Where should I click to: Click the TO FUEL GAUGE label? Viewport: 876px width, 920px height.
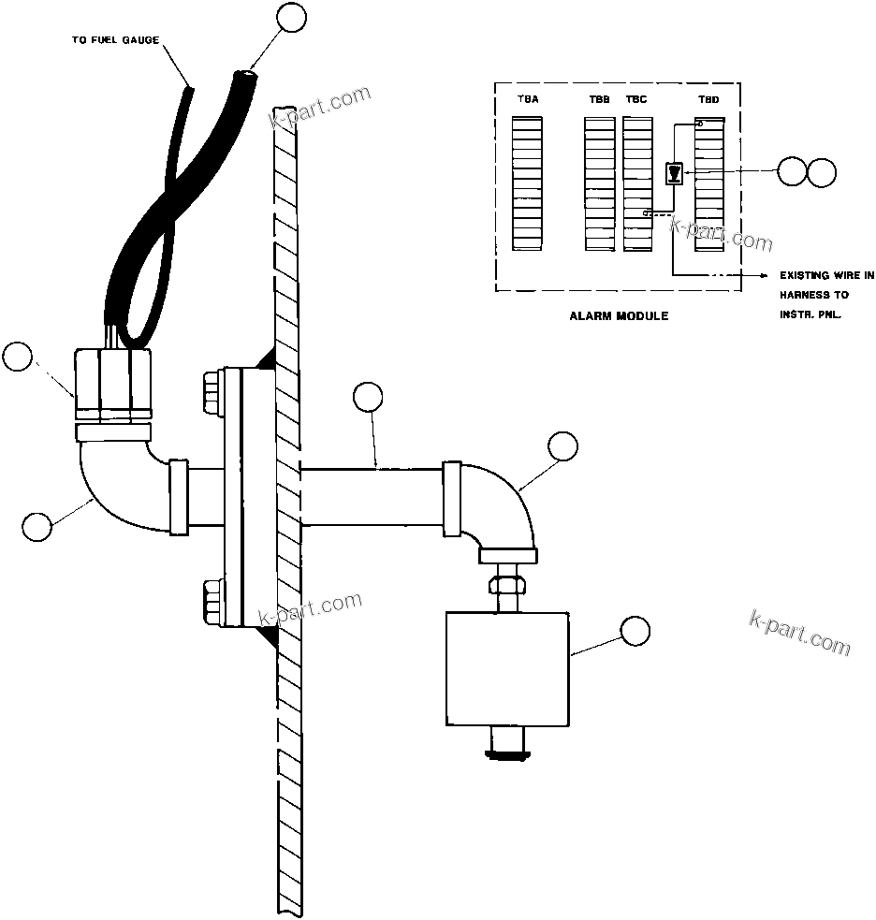coord(115,40)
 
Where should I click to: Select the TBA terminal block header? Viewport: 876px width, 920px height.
coord(528,98)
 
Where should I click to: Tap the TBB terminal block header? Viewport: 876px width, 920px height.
coord(599,98)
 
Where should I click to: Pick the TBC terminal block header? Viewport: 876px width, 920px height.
coord(635,98)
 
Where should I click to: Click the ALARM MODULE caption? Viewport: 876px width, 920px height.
coord(619,316)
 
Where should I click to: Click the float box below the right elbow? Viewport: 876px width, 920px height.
coord(507,668)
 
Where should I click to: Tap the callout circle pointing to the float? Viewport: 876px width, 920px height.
coord(635,631)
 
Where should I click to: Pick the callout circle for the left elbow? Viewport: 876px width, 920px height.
coord(38,525)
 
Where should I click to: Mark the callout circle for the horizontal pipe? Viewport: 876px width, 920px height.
coord(369,397)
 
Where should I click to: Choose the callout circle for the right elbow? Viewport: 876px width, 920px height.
coord(563,446)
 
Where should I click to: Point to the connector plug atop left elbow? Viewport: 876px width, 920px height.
coord(113,384)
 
